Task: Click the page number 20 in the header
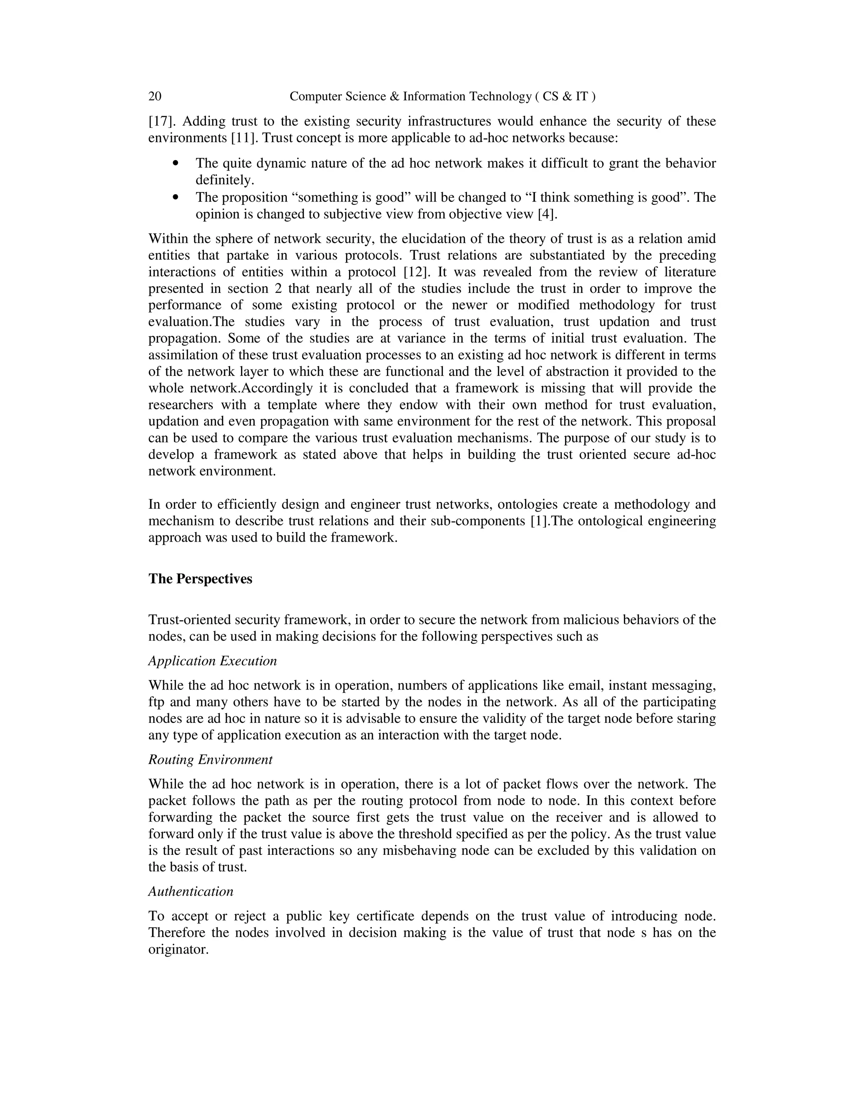155,97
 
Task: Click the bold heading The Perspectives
200,579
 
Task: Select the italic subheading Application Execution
213,661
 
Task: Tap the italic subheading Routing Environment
210,760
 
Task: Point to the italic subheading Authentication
191,892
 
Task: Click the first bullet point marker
176,163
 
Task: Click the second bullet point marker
176,197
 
